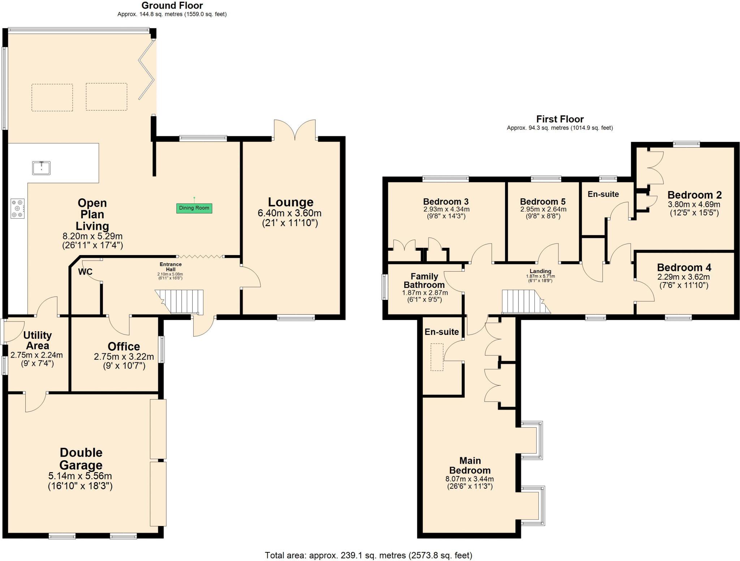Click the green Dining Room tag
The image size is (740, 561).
pos(194,208)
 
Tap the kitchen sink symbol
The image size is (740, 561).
pos(41,168)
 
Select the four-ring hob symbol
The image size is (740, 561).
pos(18,209)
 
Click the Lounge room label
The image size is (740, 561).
pos(291,202)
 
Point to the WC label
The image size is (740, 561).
pos(85,272)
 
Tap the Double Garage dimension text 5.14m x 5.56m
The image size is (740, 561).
pos(80,476)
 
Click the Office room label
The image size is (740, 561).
pos(124,346)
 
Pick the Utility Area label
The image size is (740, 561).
pos(38,340)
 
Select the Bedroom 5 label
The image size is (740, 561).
pos(543,202)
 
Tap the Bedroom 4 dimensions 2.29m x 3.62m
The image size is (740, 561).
pos(684,277)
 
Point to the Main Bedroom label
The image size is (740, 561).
pos(470,465)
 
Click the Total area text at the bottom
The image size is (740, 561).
pos(369,555)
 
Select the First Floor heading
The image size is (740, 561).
pos(560,119)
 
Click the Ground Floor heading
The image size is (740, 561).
pos(172,5)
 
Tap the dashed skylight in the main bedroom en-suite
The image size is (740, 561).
pos(437,357)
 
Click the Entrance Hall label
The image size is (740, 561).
pos(171,267)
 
